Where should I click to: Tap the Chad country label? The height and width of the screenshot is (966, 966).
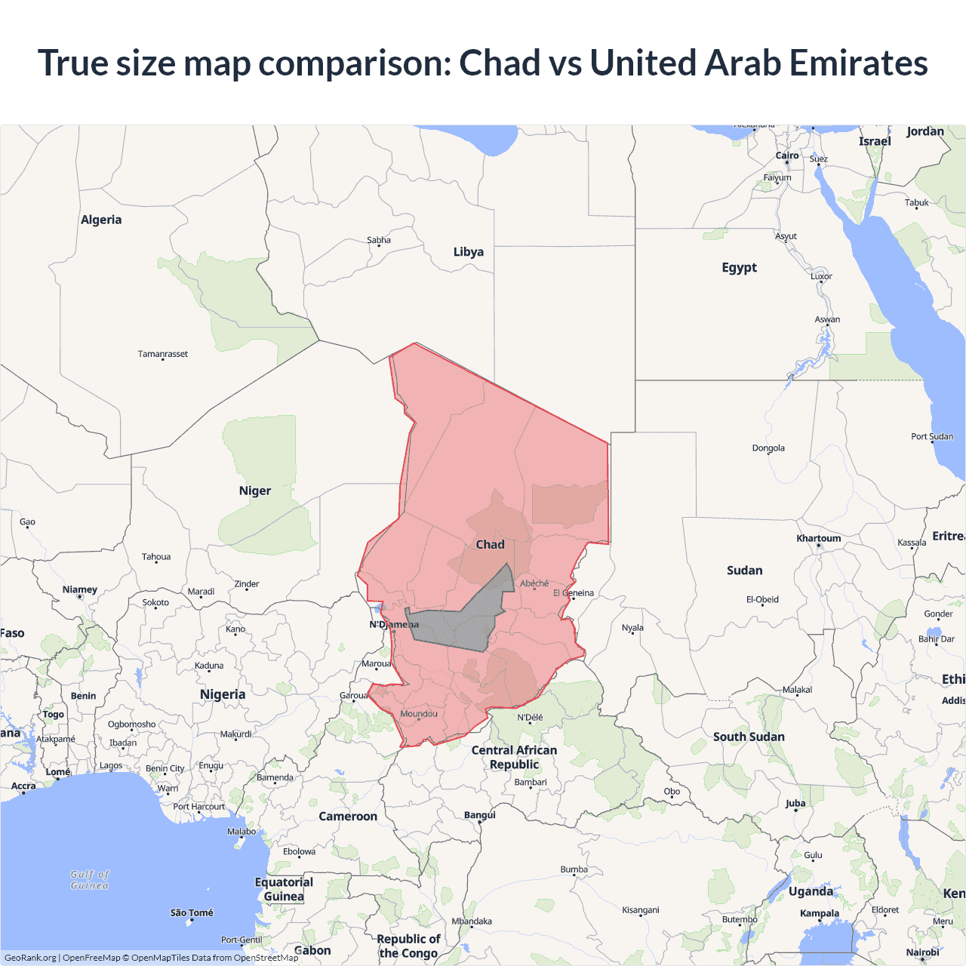point(490,544)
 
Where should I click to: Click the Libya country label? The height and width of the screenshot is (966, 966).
point(468,252)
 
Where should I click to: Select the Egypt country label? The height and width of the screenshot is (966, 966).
point(739,267)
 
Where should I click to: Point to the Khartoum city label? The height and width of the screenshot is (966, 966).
point(818,538)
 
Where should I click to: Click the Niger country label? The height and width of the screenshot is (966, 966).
point(254,491)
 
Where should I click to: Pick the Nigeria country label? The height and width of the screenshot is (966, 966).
point(222,694)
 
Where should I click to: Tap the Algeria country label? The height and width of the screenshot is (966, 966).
point(101,220)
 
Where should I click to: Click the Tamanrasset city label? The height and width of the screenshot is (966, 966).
point(162,354)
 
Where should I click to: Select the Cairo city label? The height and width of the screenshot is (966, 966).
point(786,155)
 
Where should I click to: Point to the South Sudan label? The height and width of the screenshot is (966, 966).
point(749,737)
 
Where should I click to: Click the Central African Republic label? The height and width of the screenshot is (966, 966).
point(514,757)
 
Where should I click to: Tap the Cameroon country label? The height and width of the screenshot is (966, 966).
point(347,817)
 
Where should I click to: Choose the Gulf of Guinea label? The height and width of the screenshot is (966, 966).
point(90,880)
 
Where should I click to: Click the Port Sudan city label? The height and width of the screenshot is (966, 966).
point(931,436)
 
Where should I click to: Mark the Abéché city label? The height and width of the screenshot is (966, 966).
point(534,583)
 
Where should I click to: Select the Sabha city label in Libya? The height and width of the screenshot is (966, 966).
point(379,240)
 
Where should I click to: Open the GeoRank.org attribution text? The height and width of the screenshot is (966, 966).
point(30,958)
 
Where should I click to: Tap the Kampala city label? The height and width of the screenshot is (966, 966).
point(819,913)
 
